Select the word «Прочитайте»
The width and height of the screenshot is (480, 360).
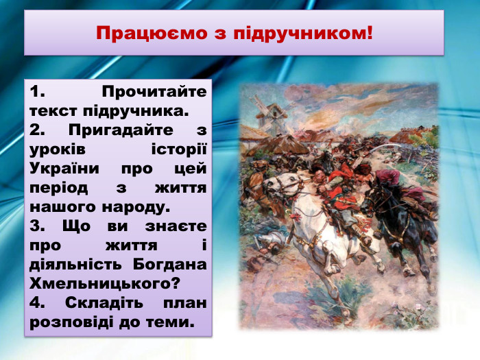[154, 91]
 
